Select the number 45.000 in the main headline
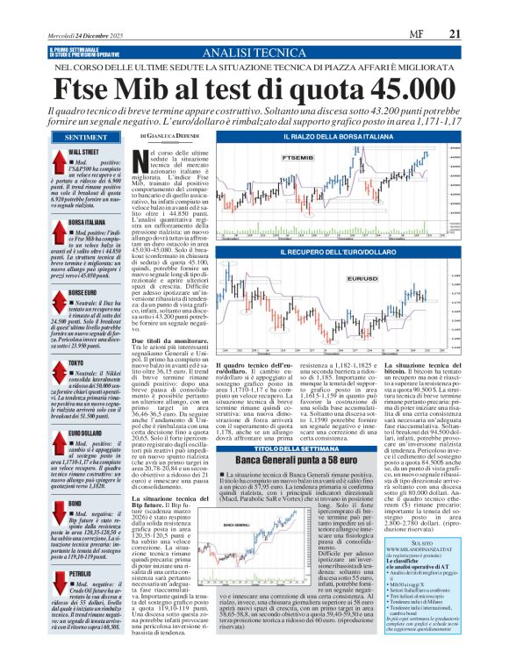pyautogui.click(x=392, y=90)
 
